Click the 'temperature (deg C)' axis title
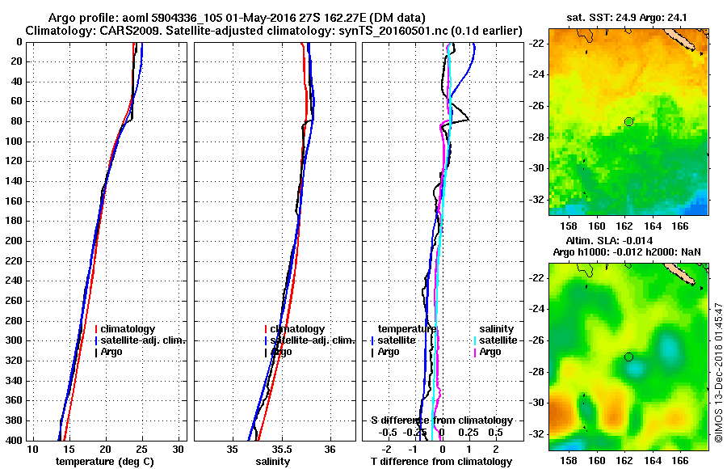tap(105, 462)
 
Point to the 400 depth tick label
tap(13, 441)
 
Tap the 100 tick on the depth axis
tap(13, 142)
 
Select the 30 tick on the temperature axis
tap(179, 449)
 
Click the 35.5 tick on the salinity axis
tap(281, 449)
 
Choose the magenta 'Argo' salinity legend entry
tap(490, 352)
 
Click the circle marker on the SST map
tap(629, 121)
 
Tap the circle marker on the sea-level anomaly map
tap(629, 357)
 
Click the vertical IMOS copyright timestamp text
tap(719, 372)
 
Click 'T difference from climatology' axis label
tap(441, 462)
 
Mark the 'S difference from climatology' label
tap(441, 420)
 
